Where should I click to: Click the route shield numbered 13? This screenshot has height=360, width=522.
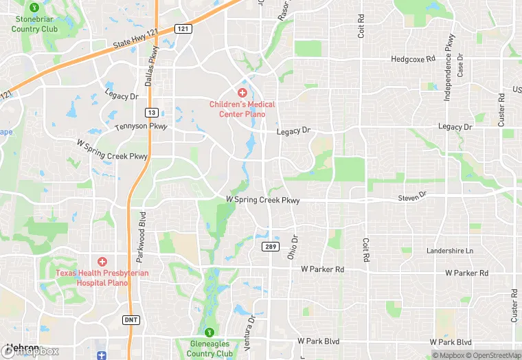(x=152, y=112)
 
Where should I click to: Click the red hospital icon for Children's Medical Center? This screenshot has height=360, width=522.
(x=242, y=93)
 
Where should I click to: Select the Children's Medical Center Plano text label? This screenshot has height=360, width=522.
(x=242, y=109)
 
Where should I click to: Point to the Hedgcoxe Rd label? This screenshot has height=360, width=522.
(x=413, y=59)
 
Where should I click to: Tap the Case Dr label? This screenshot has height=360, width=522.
(x=461, y=65)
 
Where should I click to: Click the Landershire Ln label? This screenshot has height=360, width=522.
(x=450, y=251)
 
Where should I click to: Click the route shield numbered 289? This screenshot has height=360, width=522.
(x=269, y=246)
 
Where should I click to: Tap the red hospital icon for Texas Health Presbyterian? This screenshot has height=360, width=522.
(x=102, y=261)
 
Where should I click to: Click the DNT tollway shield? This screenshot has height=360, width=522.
(x=130, y=319)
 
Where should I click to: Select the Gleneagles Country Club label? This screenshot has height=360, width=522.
(x=211, y=348)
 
